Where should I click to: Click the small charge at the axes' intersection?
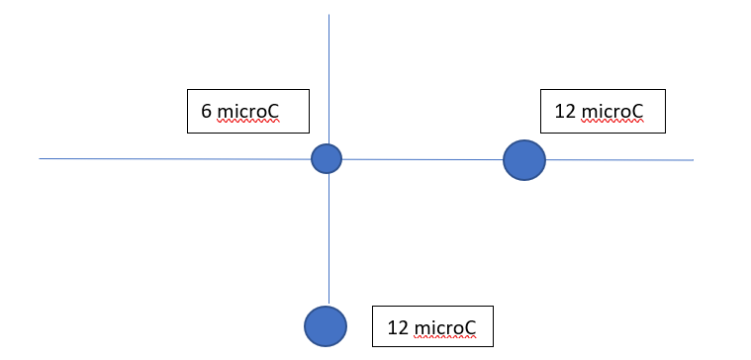[x=327, y=158]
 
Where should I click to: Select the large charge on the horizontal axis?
[x=524, y=159]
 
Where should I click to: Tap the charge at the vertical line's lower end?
[x=326, y=325]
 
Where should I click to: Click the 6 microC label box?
[x=249, y=111]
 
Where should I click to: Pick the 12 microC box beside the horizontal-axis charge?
[x=603, y=111]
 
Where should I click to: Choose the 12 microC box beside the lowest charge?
[x=431, y=326]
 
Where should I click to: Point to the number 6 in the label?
[x=206, y=112]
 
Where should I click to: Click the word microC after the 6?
[x=247, y=112]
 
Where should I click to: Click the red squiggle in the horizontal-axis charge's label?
[x=613, y=122]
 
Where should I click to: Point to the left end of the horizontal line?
[x=41, y=158]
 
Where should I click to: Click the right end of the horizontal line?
[x=693, y=159]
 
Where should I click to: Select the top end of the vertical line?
[x=329, y=16]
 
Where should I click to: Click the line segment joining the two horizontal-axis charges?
[x=422, y=158]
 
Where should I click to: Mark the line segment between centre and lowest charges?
[x=329, y=237]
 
